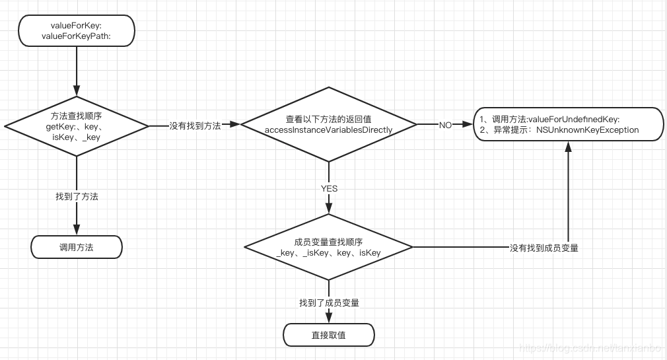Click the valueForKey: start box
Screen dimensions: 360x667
77,30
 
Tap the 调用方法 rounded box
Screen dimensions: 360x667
77,247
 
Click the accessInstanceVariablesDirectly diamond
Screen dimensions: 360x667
328,124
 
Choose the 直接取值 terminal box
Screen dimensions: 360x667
328,335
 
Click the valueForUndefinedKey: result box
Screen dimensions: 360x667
567,124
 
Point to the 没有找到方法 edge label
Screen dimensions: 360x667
195,125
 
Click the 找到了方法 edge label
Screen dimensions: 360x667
77,196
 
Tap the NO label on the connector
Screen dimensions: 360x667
445,125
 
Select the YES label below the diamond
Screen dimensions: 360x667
329,188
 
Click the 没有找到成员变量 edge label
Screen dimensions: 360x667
544,248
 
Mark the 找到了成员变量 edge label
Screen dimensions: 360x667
329,303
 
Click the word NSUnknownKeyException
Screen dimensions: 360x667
587,130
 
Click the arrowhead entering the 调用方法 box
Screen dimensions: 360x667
77,231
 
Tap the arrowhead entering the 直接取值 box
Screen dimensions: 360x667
328,319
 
